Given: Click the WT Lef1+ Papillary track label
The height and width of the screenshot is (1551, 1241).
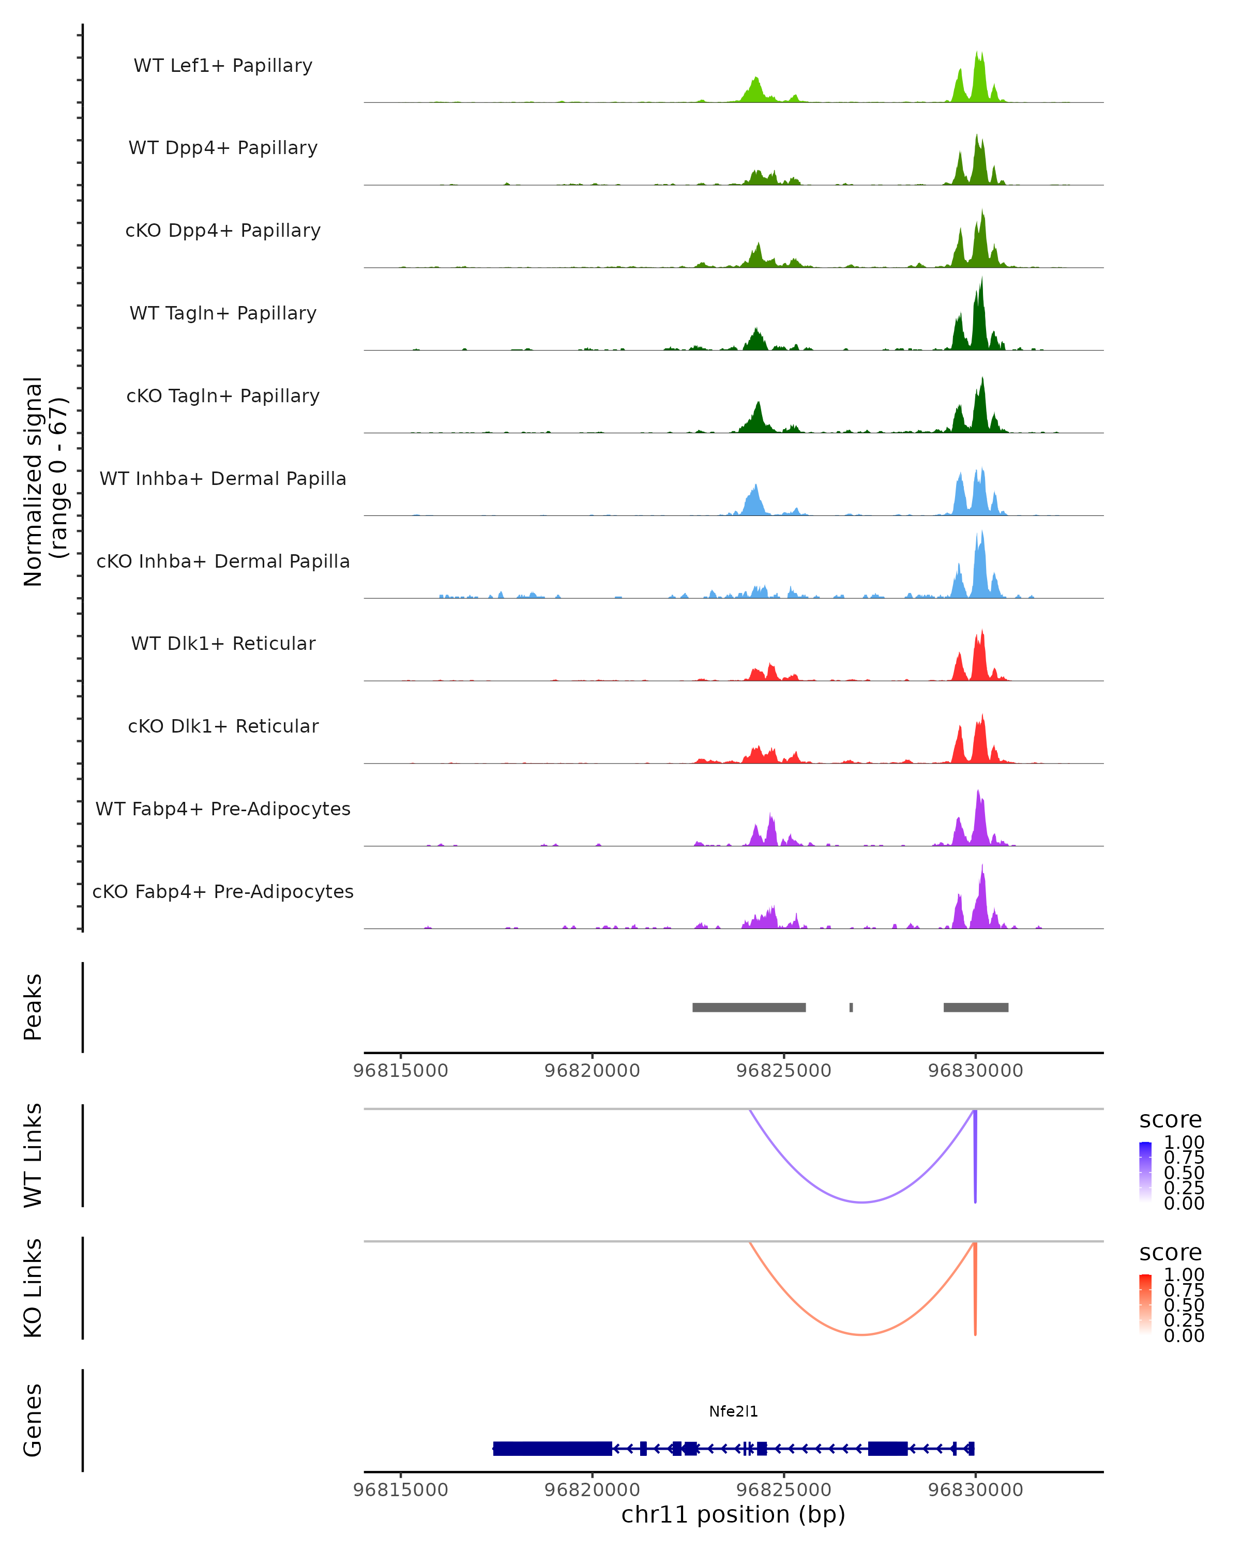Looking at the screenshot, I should coord(223,66).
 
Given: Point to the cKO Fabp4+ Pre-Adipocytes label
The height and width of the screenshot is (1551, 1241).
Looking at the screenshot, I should coord(223,891).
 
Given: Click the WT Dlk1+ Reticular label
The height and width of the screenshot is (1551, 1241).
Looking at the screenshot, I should coord(223,643).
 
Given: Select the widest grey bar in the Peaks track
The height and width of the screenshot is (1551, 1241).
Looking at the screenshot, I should coord(748,1007).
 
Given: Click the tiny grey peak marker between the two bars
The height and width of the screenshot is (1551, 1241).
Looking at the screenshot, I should coord(851,1007).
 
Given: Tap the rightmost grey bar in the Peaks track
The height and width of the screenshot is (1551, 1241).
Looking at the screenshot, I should coord(976,1007).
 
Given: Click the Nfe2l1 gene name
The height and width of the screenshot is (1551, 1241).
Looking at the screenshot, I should coord(733,1411).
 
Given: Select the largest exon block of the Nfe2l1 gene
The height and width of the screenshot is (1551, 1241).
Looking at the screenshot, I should coord(553,1448).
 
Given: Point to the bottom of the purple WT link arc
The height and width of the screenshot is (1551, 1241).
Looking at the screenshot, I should coord(862,1202).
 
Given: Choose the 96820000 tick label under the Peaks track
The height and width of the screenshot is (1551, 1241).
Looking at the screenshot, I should coord(592,1071).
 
